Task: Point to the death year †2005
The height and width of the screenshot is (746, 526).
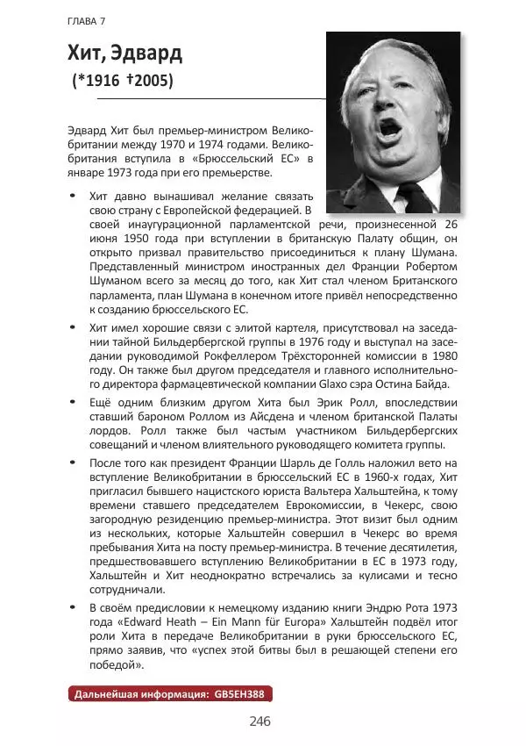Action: pos(150,81)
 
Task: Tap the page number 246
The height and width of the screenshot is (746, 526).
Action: pos(259,721)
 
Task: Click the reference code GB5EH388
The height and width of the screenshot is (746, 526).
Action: pos(242,693)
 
